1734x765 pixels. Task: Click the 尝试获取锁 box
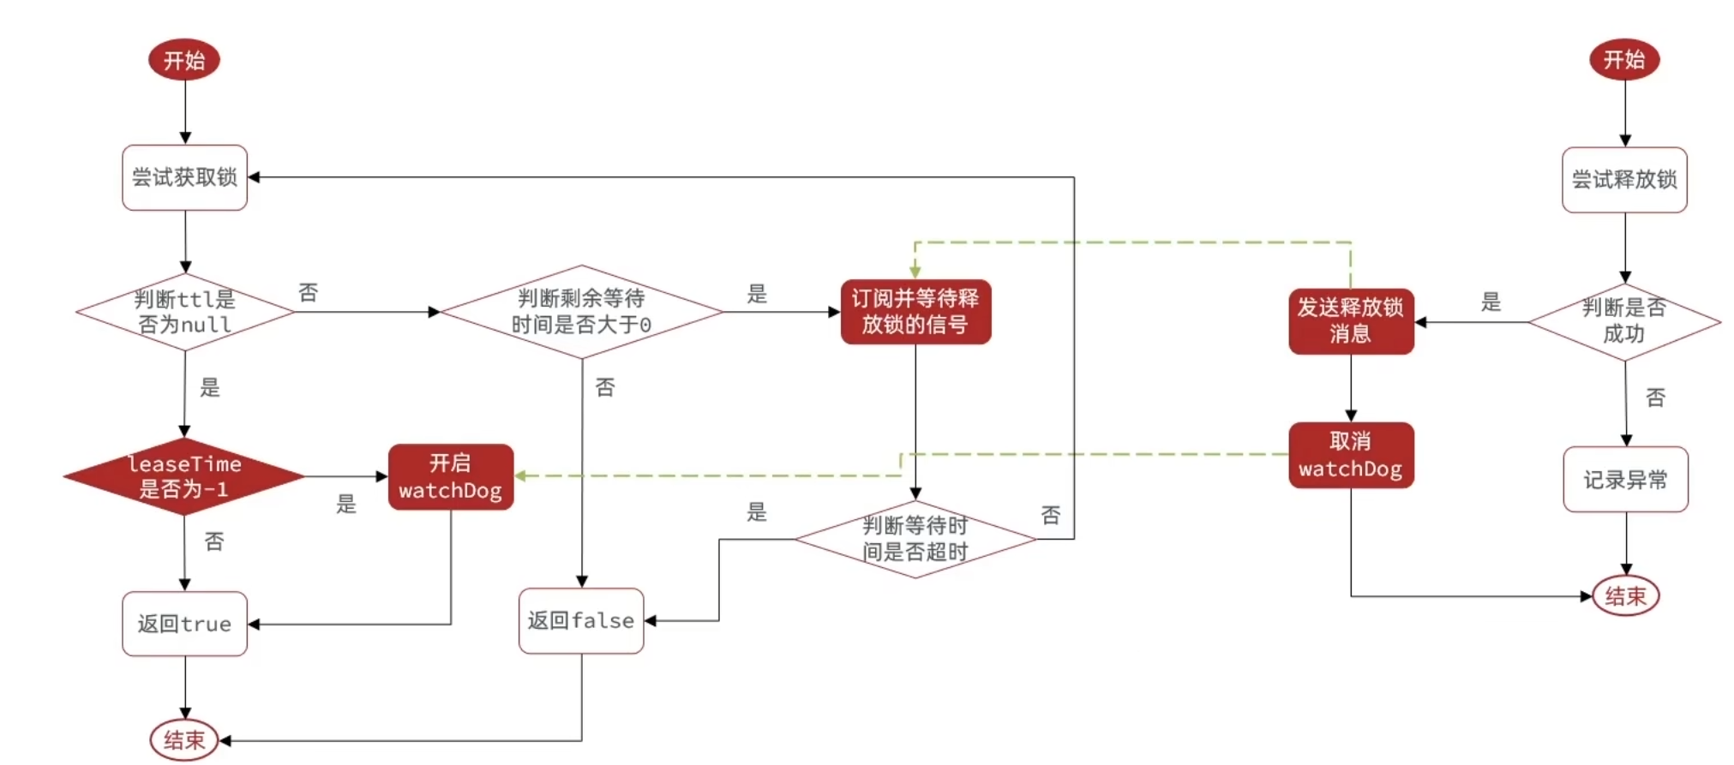(184, 177)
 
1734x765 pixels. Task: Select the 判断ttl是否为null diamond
(184, 312)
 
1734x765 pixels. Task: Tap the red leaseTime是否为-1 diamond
(184, 476)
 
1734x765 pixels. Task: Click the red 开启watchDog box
(451, 476)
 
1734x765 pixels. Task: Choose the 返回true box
(184, 624)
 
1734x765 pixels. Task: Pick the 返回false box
(581, 620)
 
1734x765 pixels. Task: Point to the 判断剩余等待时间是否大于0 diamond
(581, 312)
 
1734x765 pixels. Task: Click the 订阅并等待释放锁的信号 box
(915, 312)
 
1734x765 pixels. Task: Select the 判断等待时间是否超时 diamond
(915, 539)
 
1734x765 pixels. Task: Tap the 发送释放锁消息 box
(1351, 321)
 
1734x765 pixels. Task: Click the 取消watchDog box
(1351, 455)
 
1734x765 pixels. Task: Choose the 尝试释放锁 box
(1624, 180)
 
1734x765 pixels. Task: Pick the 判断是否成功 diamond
(1624, 321)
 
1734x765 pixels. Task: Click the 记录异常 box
(1625, 480)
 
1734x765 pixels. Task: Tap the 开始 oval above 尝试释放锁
(1624, 59)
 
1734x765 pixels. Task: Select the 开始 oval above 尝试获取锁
(184, 60)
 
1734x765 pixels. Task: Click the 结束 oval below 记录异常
(1626, 596)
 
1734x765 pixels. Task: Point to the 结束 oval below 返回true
(184, 740)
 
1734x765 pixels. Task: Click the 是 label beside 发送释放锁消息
(1491, 302)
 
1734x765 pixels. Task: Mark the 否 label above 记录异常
(1655, 397)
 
